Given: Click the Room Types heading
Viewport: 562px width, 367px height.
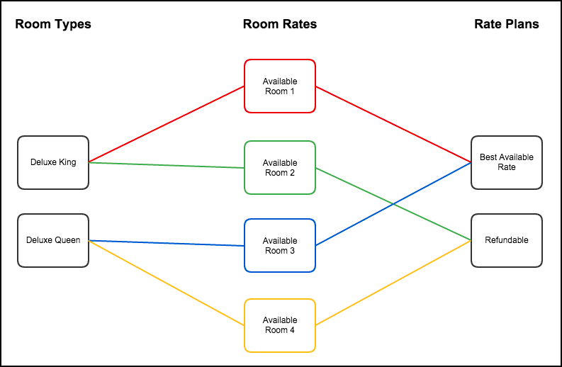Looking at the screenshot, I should click(x=53, y=24).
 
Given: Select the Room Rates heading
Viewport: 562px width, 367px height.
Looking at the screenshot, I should click(x=280, y=24).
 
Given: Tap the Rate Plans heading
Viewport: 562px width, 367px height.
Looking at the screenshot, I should click(x=507, y=24).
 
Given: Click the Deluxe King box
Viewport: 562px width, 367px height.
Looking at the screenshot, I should click(x=53, y=162).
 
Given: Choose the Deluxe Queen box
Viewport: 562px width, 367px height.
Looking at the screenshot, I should click(x=53, y=240).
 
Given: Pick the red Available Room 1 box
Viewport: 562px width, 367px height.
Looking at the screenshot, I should click(x=280, y=86).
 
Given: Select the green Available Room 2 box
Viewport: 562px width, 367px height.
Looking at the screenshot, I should click(x=280, y=167).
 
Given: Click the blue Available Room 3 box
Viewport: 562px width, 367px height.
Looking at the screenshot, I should click(x=280, y=245).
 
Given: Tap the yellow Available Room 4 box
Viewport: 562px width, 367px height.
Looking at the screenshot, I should click(x=280, y=325).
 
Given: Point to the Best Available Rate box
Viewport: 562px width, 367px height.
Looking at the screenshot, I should click(x=507, y=162).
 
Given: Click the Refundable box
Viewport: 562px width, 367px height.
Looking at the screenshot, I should click(x=507, y=240).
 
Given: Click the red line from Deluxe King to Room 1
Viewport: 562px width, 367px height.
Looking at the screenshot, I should click(x=167, y=124).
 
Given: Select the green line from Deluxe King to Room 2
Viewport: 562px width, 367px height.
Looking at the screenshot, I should click(x=167, y=165).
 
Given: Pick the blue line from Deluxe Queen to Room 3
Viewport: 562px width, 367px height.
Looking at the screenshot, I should click(x=167, y=243).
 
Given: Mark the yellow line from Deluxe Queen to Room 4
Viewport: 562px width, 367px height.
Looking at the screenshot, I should click(x=167, y=283).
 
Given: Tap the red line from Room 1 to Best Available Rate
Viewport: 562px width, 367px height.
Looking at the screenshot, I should click(x=393, y=124).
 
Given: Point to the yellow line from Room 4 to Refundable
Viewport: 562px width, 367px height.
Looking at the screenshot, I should click(x=393, y=283).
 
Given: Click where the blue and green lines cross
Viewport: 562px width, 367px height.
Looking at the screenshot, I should click(x=394, y=204).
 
